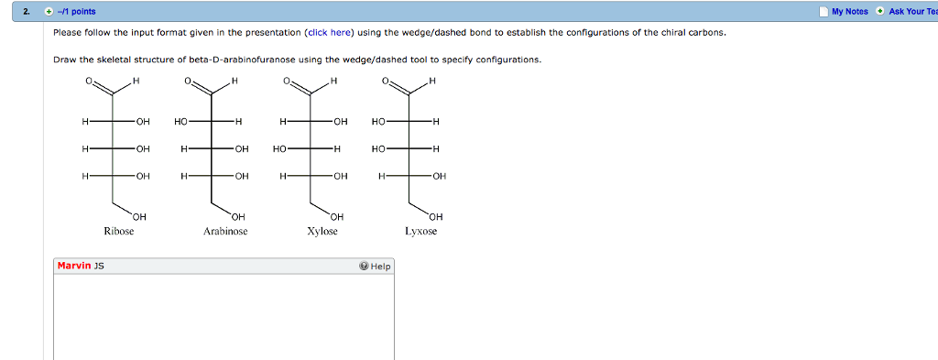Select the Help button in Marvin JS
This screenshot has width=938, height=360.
pos(376,267)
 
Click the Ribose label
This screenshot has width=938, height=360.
pos(119,232)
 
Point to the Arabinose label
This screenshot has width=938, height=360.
pos(225,232)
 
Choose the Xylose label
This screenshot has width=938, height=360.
pos(322,232)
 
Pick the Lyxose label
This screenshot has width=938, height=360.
pos(421,232)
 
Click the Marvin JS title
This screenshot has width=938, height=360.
pos(80,266)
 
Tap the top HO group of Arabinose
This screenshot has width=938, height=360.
pos(181,121)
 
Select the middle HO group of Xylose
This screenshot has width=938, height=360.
pos(279,148)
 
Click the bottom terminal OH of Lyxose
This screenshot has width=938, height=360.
pos(435,216)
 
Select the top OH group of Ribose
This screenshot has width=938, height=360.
pos(142,121)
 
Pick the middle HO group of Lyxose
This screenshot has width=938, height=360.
pos(379,148)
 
